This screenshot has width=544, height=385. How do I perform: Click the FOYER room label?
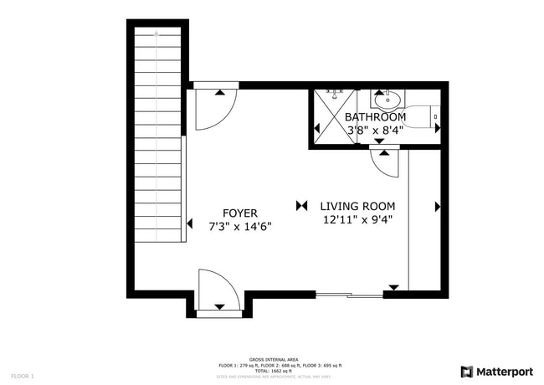(239, 213)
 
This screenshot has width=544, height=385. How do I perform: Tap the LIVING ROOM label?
(357, 206)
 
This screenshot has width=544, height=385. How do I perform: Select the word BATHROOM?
(375, 117)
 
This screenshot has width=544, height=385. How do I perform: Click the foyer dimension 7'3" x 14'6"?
(239, 226)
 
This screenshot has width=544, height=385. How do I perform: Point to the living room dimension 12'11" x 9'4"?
(357, 220)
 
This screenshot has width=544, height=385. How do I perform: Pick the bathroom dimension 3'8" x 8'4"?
(375, 130)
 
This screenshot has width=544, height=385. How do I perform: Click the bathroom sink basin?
(387, 101)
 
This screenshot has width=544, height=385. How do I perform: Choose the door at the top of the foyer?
(215, 109)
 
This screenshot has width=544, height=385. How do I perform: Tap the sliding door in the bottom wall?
(349, 295)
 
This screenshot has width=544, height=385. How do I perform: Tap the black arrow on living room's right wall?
(437, 206)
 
